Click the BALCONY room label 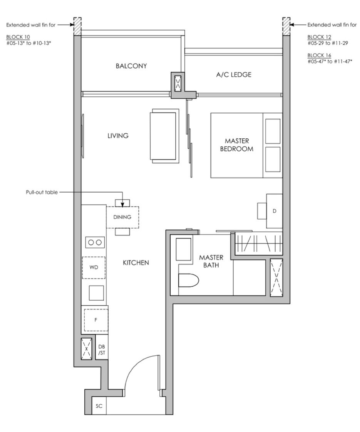pyautogui.click(x=131, y=66)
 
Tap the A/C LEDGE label pyautogui.click(x=234, y=75)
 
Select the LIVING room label pyautogui.click(x=118, y=136)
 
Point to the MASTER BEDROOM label pyautogui.click(x=237, y=145)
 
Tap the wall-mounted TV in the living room pyautogui.click(x=82, y=136)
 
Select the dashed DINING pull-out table pyautogui.click(x=122, y=217)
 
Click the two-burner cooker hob pyautogui.click(x=95, y=242)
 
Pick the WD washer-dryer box pyautogui.click(x=94, y=267)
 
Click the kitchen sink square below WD pyautogui.click(x=96, y=293)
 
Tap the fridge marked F pyautogui.click(x=96, y=320)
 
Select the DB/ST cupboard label pyautogui.click(x=102, y=350)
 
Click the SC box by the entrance pyautogui.click(x=99, y=406)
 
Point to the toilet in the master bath pyautogui.click(x=189, y=281)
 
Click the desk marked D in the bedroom pyautogui.click(x=274, y=211)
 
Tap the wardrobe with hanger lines pyautogui.click(x=259, y=243)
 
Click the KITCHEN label pyautogui.click(x=136, y=263)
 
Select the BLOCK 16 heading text pyautogui.click(x=319, y=55)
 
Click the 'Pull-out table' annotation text pyautogui.click(x=42, y=192)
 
